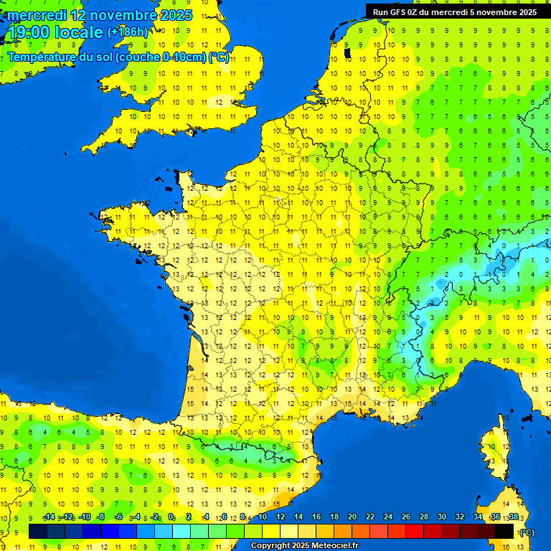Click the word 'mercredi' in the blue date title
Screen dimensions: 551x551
coord(34,15)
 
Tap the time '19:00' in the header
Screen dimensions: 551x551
coord(28,32)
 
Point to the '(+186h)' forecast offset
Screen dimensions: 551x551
coord(127,32)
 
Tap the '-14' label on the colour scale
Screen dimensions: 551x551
coord(49,517)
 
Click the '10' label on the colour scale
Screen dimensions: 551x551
coord(263,517)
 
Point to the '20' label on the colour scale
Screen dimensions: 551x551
coord(352,517)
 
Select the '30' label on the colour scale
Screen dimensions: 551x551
coord(441,517)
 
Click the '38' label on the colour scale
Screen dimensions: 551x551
coord(513,517)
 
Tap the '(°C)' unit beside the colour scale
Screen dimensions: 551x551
coord(527,532)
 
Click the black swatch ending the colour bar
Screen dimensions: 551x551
coord(504,531)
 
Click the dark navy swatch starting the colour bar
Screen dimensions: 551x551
coord(38,531)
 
